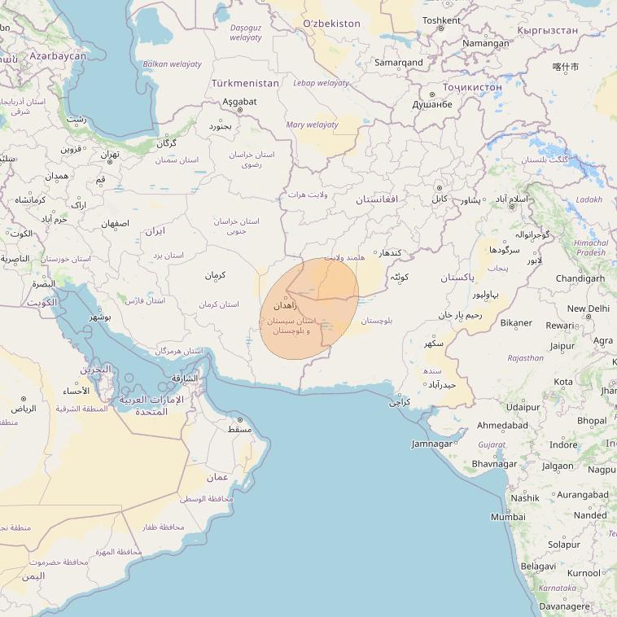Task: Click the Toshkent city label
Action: click(x=441, y=20)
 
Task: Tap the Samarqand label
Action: click(x=398, y=62)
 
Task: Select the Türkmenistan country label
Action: click(x=245, y=83)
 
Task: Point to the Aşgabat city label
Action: click(x=239, y=102)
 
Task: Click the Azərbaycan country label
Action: click(x=58, y=56)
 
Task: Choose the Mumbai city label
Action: click(x=508, y=517)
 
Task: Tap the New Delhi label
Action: click(x=588, y=308)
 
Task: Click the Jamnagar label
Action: click(x=431, y=444)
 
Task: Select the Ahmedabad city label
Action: click(x=502, y=425)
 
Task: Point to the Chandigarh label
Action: click(x=580, y=278)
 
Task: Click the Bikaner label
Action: click(x=516, y=323)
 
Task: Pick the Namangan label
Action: click(x=485, y=43)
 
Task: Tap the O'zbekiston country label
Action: click(x=331, y=24)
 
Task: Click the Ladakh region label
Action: click(x=589, y=199)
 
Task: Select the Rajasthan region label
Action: click(x=525, y=357)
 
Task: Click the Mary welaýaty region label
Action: click(x=312, y=125)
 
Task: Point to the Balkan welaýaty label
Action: click(x=172, y=63)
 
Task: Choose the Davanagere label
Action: click(x=565, y=606)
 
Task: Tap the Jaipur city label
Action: click(x=562, y=346)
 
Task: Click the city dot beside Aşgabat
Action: click(x=239, y=110)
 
